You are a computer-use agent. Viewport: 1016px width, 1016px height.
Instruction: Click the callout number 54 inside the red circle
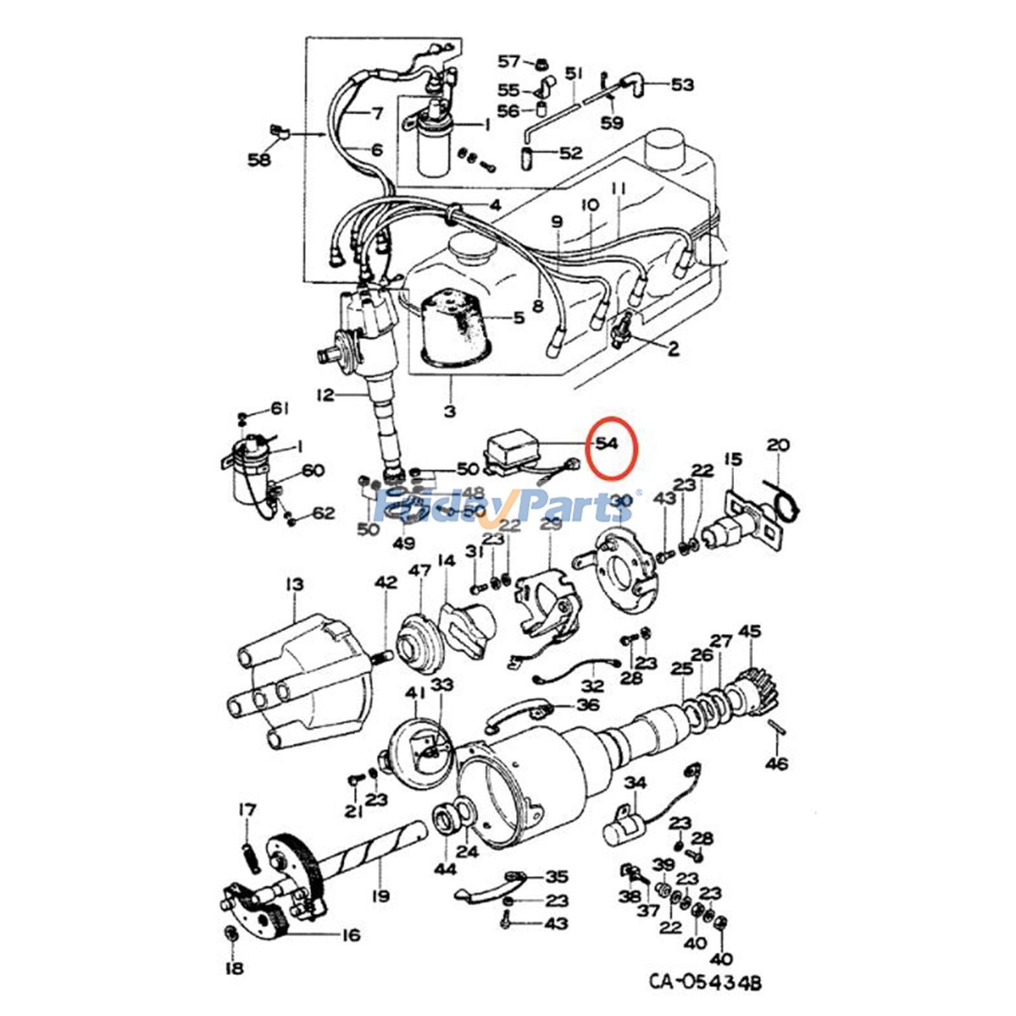click(607, 443)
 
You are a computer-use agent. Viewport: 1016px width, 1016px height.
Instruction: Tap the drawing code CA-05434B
click(704, 982)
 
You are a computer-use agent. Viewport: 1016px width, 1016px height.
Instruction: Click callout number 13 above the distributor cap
click(295, 584)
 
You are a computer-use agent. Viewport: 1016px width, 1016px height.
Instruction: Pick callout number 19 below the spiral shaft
click(381, 897)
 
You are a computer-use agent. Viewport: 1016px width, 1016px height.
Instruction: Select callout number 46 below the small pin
click(777, 763)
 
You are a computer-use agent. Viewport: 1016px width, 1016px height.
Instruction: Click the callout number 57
click(509, 62)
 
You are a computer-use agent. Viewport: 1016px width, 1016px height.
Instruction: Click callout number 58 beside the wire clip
click(259, 159)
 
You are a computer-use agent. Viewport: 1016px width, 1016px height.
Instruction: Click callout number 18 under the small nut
click(234, 968)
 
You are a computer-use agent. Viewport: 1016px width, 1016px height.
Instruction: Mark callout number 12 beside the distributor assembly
click(325, 395)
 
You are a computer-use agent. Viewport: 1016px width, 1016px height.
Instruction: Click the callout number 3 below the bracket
click(450, 411)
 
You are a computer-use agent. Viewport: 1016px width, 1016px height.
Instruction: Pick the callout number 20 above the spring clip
click(778, 445)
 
